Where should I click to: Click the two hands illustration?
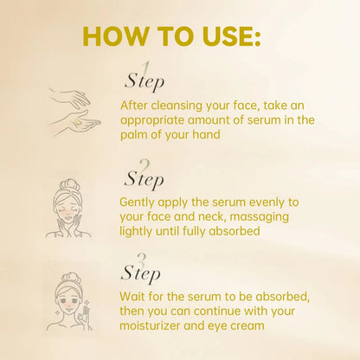pos(74,110)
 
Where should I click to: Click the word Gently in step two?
pos(140,200)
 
